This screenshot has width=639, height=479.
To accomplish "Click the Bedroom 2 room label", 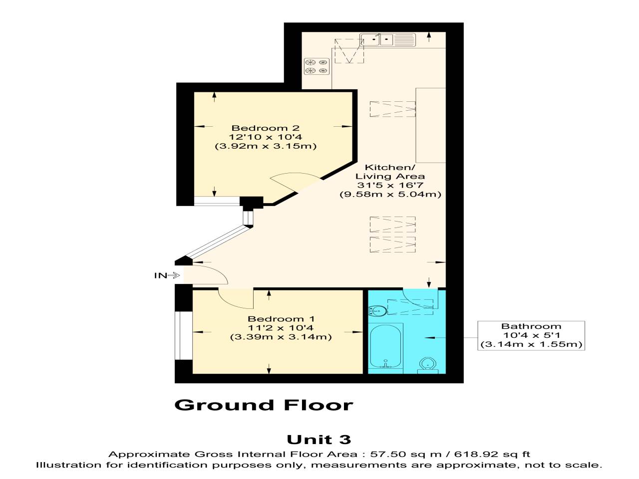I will pyautogui.click(x=265, y=128).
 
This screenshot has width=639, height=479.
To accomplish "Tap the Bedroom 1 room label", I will pyautogui.click(x=281, y=319).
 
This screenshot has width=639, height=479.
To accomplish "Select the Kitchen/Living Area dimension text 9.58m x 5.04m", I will pyautogui.click(x=390, y=194).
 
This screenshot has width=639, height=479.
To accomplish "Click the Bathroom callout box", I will pyautogui.click(x=531, y=335).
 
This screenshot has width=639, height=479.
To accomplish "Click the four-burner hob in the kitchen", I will pyautogui.click(x=317, y=66).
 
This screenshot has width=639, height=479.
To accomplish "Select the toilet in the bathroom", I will pyautogui.click(x=427, y=365).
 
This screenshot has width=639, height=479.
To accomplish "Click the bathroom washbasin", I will pyautogui.click(x=377, y=311).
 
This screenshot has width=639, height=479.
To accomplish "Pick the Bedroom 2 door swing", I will pyautogui.click(x=295, y=182).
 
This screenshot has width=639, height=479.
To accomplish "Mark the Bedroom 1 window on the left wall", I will pyautogui.click(x=183, y=335).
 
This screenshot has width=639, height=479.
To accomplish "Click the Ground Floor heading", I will pyautogui.click(x=264, y=405).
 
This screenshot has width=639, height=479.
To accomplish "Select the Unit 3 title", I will pyautogui.click(x=319, y=440).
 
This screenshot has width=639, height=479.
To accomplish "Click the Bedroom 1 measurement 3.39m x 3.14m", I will pyautogui.click(x=281, y=337).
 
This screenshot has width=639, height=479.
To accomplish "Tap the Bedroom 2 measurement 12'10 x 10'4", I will pyautogui.click(x=265, y=137).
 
